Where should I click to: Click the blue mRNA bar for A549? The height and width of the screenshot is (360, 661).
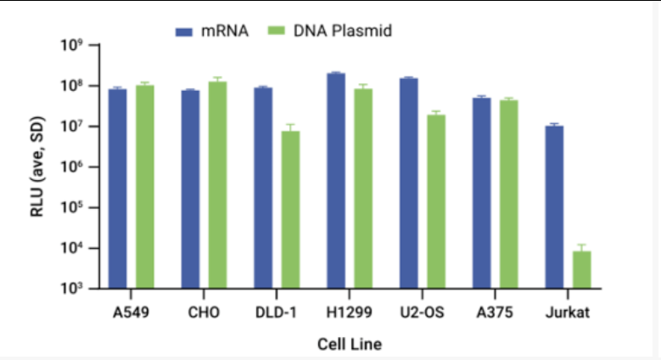[117, 188]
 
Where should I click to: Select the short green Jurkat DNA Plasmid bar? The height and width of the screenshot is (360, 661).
[581, 269]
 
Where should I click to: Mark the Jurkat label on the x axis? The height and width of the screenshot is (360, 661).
[568, 312]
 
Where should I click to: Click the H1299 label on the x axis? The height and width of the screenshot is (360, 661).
[349, 312]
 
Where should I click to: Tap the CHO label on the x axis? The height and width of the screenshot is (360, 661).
[204, 312]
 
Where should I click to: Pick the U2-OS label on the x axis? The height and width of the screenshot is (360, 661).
[422, 312]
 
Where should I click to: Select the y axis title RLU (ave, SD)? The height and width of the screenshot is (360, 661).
[38, 166]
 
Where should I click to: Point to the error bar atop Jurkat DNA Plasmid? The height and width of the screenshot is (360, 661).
[581, 247]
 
